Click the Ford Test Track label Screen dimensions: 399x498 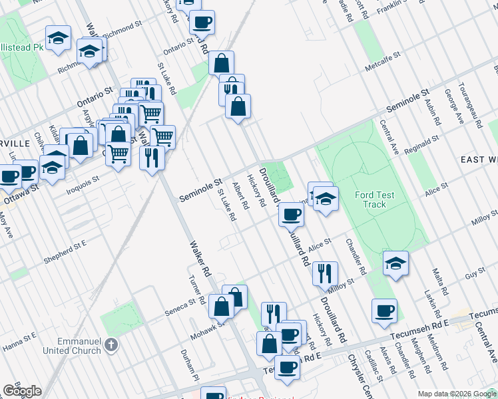[x=375, y=199]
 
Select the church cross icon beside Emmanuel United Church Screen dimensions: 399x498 [x=111, y=345]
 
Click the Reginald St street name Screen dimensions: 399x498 [x=418, y=143]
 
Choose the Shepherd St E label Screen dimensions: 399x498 [x=65, y=251]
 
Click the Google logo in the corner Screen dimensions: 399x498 [x=22, y=391]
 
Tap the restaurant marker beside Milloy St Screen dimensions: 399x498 [x=325, y=273]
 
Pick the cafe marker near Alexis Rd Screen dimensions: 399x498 [x=384, y=311]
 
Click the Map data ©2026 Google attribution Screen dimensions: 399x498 [x=456, y=394]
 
